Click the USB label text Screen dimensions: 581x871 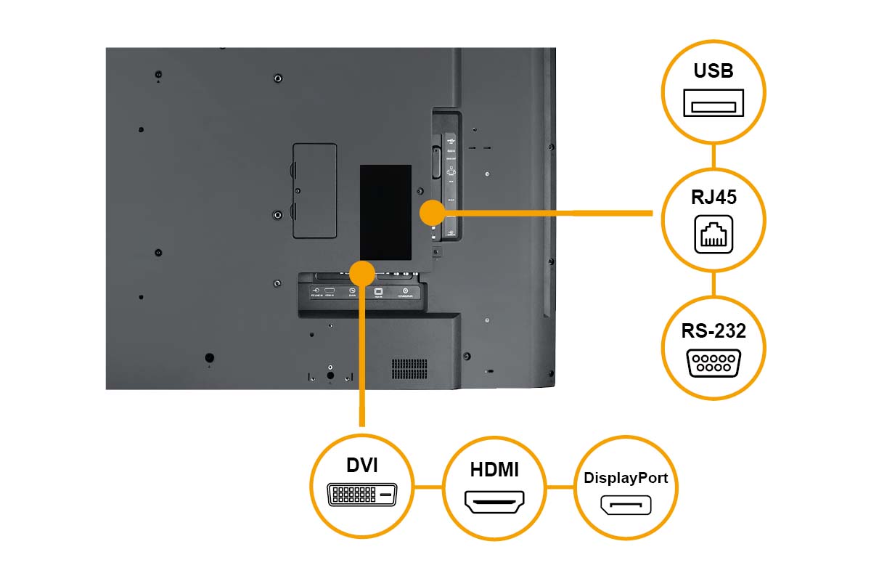[713, 71]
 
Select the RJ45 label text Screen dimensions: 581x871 [713, 198]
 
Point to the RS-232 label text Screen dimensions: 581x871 [713, 331]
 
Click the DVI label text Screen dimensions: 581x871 [361, 466]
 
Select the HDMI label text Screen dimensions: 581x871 [494, 470]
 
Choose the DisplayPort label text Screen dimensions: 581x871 [626, 479]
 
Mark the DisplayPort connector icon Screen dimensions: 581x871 [626, 505]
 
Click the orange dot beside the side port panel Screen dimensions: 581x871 [433, 213]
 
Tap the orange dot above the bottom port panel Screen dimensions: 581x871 [361, 273]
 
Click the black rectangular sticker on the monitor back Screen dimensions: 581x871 [385, 211]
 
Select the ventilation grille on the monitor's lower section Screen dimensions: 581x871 [409, 369]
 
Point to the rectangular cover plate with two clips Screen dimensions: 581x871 [314, 190]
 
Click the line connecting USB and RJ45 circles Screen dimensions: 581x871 [713, 155]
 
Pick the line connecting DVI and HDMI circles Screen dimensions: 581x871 [428, 487]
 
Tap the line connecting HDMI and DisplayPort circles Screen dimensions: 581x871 [560, 487]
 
